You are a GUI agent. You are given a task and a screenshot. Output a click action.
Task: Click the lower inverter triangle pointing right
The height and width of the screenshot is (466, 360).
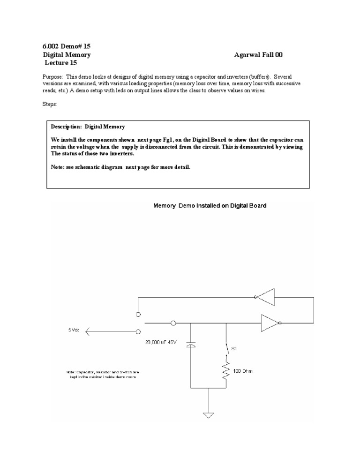(269, 322)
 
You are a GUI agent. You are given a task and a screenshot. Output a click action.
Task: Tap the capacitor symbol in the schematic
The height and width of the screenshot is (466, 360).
(190, 345)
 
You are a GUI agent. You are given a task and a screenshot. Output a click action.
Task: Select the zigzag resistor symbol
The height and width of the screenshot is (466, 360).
(226, 372)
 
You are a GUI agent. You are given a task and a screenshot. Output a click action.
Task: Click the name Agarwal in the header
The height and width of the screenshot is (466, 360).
(247, 55)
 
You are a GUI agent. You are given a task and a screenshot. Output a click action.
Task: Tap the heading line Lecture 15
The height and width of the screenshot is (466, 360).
(60, 63)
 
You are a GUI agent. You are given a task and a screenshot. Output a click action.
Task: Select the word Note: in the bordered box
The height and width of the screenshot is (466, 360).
(58, 167)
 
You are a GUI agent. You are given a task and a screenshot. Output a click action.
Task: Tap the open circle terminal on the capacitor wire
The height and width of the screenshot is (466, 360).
(173, 323)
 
